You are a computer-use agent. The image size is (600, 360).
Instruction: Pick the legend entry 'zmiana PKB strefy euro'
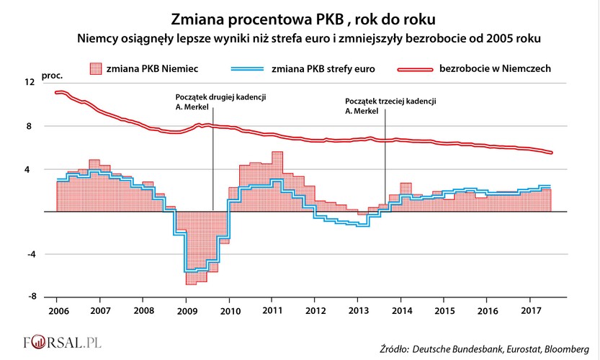coord(324,69)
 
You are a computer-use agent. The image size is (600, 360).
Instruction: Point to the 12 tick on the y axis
coord(30,83)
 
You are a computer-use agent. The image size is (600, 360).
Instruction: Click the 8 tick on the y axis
coord(30,126)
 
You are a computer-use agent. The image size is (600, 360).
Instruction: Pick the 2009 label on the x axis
coord(187,310)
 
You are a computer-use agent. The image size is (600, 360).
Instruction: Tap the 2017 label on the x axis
coord(531,310)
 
